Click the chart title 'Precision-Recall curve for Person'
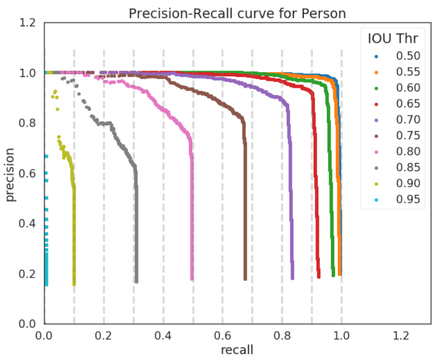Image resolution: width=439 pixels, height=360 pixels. coord(237,13)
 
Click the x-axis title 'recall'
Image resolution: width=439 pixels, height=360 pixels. coord(237,349)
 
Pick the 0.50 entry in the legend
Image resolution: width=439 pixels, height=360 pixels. coord(408,56)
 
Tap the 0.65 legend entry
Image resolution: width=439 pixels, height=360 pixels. coord(408,104)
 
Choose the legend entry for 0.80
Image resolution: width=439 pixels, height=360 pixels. coord(408,152)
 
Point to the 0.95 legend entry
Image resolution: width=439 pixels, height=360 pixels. coord(408,200)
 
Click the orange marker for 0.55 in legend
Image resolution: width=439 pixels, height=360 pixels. coord(376,72)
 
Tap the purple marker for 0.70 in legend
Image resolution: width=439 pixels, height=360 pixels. coord(376,120)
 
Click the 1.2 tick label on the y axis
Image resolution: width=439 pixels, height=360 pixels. coord(27,23)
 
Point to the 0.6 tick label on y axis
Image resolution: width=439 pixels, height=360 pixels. coord(27,173)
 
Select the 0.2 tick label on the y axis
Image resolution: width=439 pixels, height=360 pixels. coord(27,273)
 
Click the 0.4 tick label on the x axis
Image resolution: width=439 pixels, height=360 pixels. coord(163,335)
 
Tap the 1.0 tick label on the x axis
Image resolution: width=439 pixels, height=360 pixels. coord(342,335)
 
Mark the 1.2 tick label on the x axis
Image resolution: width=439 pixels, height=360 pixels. coord(401,335)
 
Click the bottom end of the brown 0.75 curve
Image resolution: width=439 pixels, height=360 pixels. coord(245,279)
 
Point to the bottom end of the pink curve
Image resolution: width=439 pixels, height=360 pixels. coord(192,279)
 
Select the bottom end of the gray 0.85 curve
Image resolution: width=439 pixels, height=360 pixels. coord(136,281)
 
